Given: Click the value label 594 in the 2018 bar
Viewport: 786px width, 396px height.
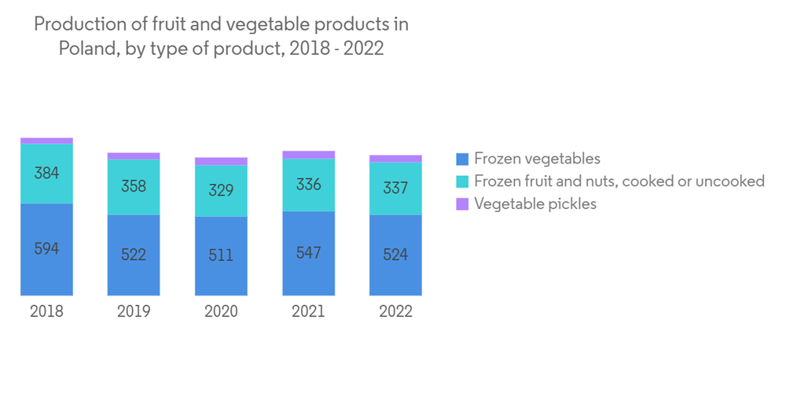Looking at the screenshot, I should coord(46,249).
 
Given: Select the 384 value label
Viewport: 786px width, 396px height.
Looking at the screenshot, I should coord(46,173).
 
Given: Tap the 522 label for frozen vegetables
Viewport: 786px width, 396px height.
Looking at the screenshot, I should coord(134,255).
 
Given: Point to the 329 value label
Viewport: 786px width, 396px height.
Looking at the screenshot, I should coord(221,190).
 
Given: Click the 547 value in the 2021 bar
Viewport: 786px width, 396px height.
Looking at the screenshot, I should coord(308,253).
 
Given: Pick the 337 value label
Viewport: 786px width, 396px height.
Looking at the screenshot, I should coord(395,188).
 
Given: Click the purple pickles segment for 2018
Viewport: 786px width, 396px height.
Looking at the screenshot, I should coord(46,141).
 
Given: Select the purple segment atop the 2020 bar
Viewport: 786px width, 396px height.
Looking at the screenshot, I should coord(221,161).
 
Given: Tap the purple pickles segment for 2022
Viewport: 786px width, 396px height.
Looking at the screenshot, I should coord(395,159).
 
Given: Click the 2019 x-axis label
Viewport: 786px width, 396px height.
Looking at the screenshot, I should coord(134,311).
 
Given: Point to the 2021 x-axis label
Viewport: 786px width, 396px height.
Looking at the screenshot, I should coord(308,311).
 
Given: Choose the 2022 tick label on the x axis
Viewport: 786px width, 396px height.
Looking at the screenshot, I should coord(395,311).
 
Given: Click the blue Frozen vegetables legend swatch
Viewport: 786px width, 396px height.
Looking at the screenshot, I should coord(462,159).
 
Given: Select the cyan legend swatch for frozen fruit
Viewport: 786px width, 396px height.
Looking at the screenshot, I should coord(462,181).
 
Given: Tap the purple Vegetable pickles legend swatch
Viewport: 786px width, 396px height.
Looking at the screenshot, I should coord(462,204).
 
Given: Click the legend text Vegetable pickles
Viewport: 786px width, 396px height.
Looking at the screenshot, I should coord(535,204).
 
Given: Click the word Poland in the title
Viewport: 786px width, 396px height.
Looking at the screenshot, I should coord(84,49).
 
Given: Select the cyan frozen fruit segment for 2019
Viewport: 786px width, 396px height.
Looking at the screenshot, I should coord(134,187).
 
